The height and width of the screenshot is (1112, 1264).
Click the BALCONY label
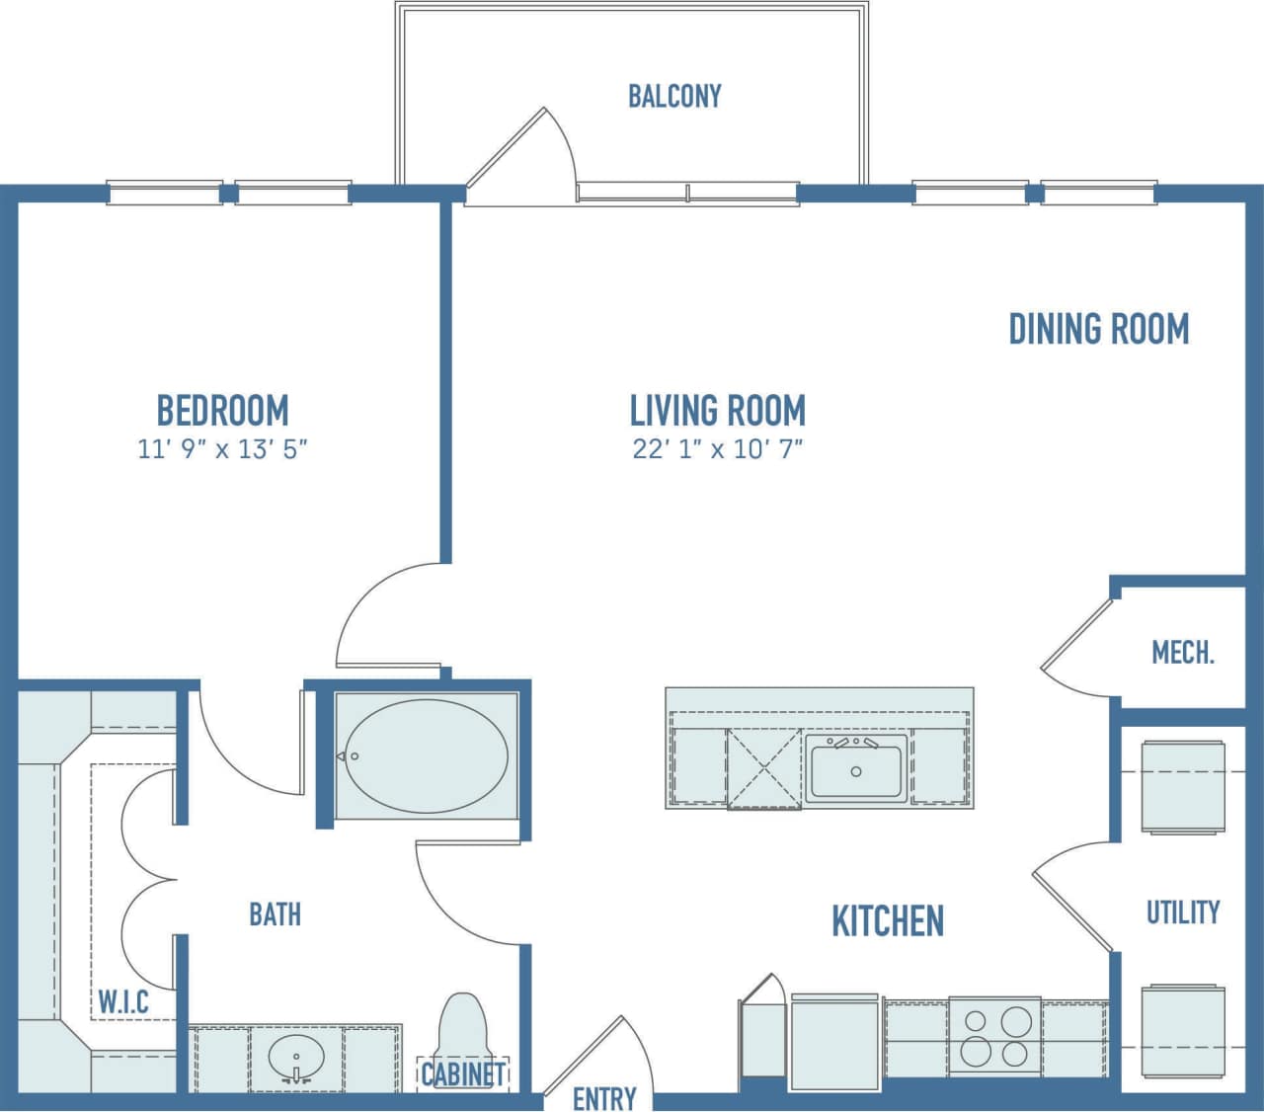[674, 96]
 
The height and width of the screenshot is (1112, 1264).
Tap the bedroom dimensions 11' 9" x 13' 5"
[222, 449]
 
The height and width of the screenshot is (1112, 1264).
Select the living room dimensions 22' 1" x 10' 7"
[718, 449]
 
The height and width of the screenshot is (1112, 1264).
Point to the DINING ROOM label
[1098, 329]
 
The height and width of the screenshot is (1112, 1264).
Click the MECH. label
[1183, 653]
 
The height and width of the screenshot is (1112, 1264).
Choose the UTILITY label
[1183, 912]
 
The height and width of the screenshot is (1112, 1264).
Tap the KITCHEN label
[888, 920]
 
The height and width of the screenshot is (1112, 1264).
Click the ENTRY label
[604, 1098]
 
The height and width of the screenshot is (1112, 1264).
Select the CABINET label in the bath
[463, 1074]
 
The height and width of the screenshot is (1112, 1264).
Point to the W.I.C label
[123, 1002]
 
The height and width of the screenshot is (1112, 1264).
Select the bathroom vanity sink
[296, 1059]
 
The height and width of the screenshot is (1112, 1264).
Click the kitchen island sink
[855, 768]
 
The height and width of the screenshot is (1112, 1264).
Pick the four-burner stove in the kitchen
[994, 1036]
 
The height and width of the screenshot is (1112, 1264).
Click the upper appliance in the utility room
[1183, 787]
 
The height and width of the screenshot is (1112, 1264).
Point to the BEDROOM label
[222, 410]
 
